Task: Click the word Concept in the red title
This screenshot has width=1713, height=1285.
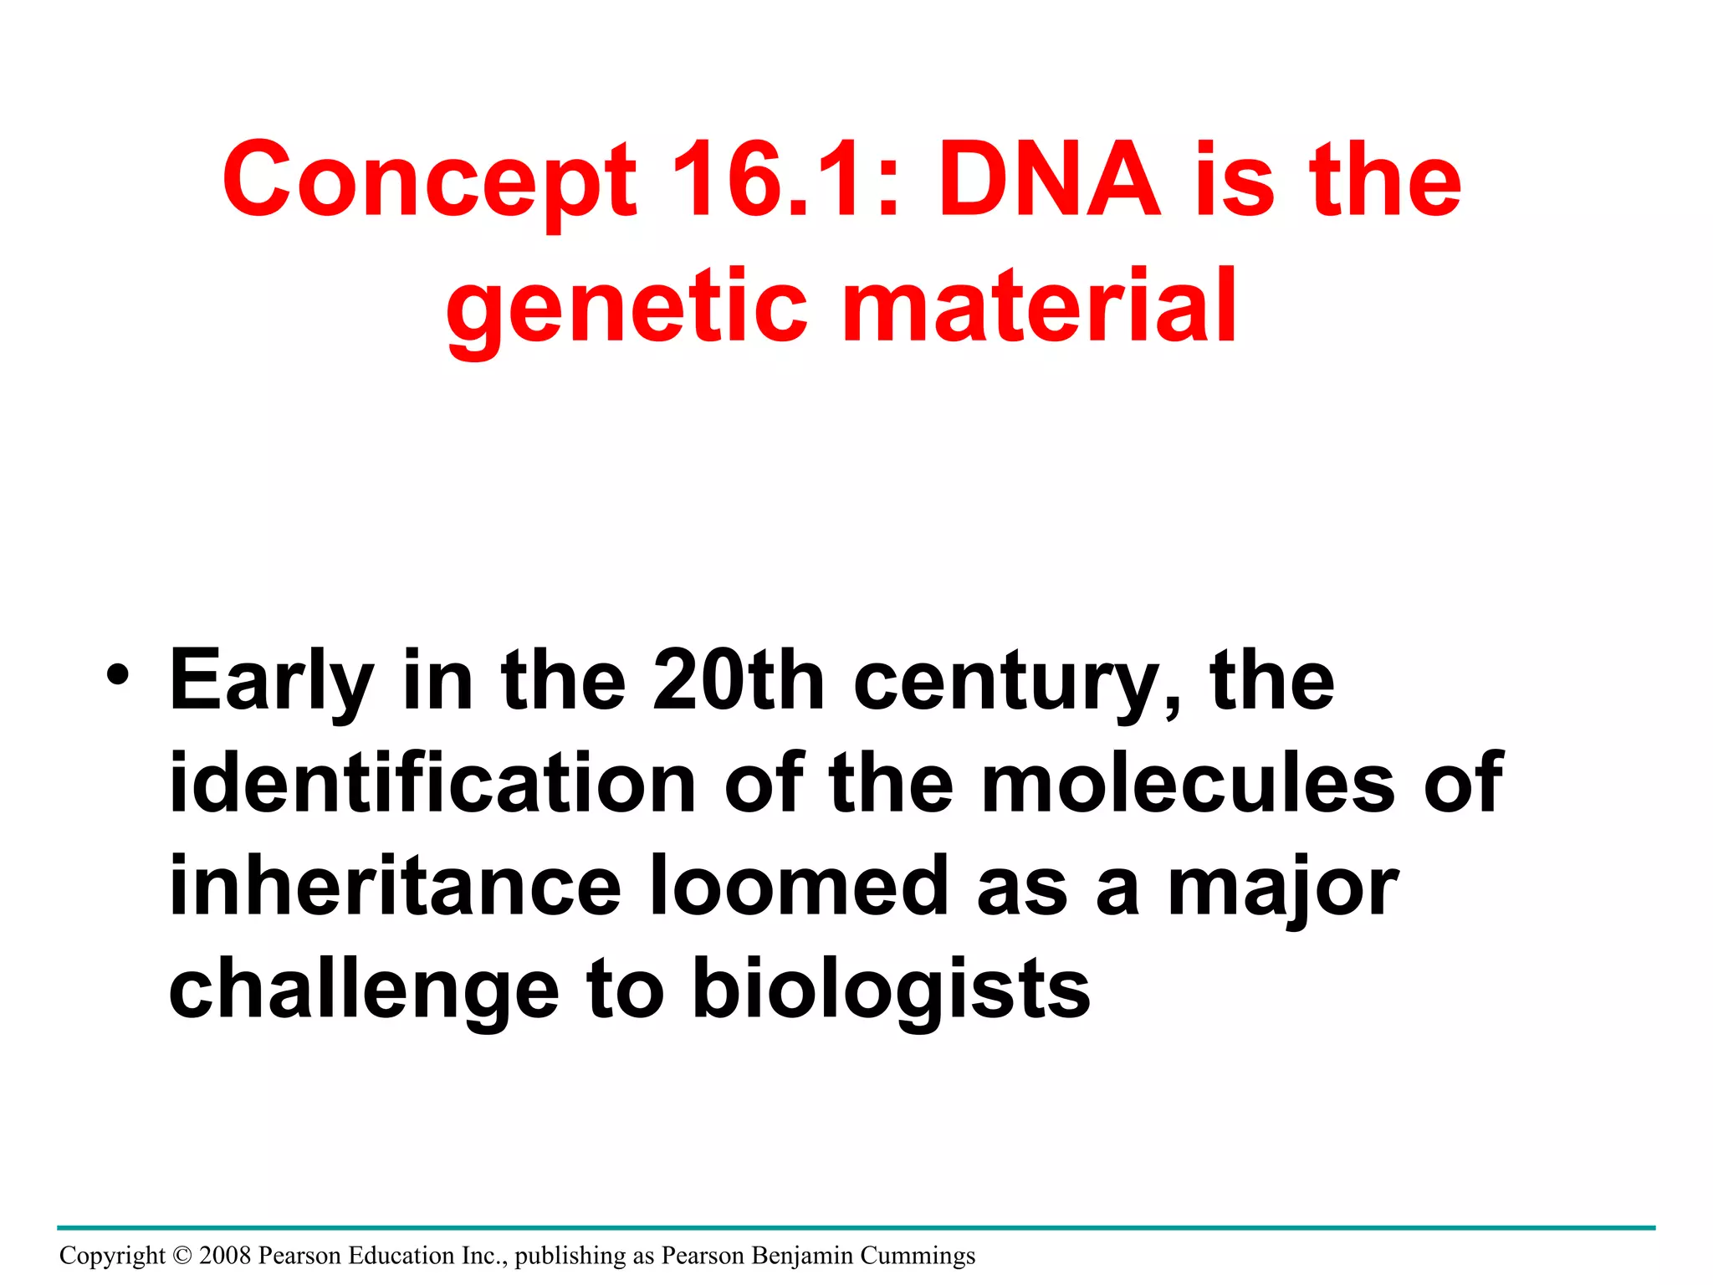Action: pos(429,180)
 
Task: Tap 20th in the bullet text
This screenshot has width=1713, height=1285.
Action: pos(739,680)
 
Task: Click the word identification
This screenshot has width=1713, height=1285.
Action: pos(432,783)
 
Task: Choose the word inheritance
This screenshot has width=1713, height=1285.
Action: pos(395,886)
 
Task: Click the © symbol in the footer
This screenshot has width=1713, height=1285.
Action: pos(182,1256)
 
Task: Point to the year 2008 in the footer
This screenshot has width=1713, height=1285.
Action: pos(225,1256)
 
